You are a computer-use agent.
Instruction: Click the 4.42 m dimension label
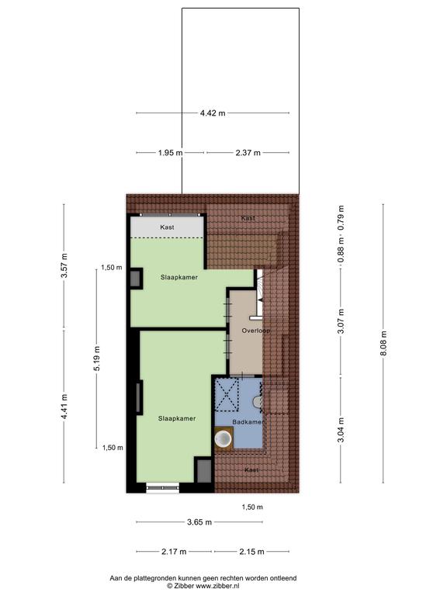click(x=213, y=113)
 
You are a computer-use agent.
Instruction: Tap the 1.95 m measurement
click(x=170, y=153)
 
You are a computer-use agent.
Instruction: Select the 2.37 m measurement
click(x=248, y=153)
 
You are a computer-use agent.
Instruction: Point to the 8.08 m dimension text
click(x=383, y=343)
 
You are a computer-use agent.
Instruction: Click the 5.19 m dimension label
click(x=97, y=359)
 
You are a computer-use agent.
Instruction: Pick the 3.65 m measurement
click(x=199, y=522)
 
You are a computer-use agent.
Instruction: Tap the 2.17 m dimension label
click(x=174, y=552)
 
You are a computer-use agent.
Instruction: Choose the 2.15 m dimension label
click(x=251, y=552)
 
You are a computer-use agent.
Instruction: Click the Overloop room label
click(x=256, y=331)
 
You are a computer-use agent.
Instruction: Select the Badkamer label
click(x=248, y=422)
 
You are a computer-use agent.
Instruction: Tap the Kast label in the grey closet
click(x=168, y=227)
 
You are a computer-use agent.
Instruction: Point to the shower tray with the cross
click(x=227, y=394)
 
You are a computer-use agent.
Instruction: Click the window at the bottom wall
click(x=163, y=487)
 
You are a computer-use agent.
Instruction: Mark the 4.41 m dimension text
click(x=64, y=407)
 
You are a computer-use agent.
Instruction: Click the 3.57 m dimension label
click(x=64, y=265)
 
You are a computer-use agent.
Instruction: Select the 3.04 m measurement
click(x=341, y=430)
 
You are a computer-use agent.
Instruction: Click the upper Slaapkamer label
click(x=179, y=278)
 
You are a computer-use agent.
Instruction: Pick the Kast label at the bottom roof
click(x=251, y=470)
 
